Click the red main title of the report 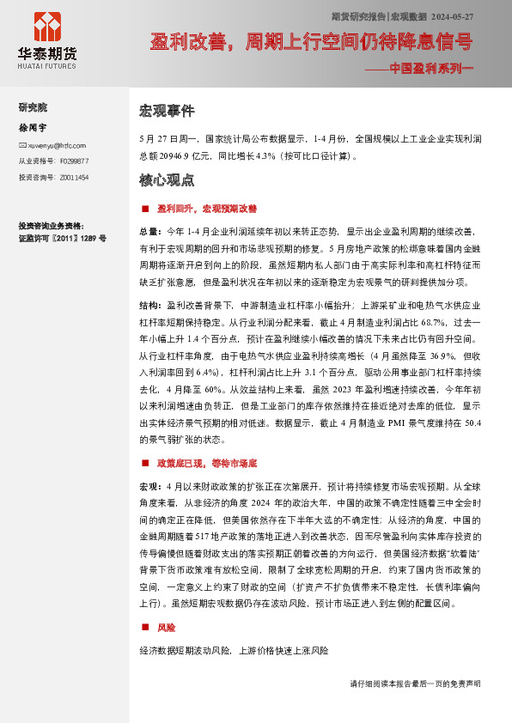[310, 42]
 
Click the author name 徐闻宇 [31, 126]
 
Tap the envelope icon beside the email [22, 145]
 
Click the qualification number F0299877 [72, 161]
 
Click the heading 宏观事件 [167, 112]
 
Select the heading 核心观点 [167, 181]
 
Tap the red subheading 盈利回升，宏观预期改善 [206, 209]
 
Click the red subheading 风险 [166, 628]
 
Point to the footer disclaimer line [416, 684]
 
